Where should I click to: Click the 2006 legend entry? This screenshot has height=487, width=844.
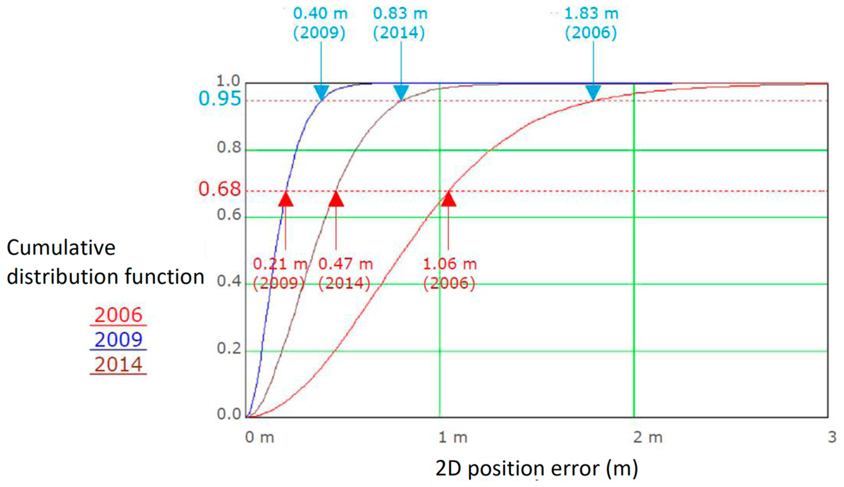pyautogui.click(x=118, y=315)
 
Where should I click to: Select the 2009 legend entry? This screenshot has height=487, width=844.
pyautogui.click(x=118, y=339)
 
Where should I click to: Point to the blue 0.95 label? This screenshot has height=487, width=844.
pyautogui.click(x=219, y=99)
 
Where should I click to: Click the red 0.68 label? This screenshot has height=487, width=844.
pyautogui.click(x=219, y=189)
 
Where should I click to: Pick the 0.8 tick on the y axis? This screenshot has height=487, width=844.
pyautogui.click(x=229, y=147)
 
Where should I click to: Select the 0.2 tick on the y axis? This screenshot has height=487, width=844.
pyautogui.click(x=229, y=349)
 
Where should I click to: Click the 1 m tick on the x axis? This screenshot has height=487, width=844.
pyautogui.click(x=452, y=437)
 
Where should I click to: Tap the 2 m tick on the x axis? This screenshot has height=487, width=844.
pyautogui.click(x=647, y=437)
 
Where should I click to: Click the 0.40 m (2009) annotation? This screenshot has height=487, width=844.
pyautogui.click(x=320, y=23)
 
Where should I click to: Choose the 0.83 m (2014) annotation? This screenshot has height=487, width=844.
pyautogui.click(x=400, y=23)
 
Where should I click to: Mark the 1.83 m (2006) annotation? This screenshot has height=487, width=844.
pyautogui.click(x=591, y=23)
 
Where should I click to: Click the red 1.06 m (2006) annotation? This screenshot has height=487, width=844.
pyautogui.click(x=449, y=273)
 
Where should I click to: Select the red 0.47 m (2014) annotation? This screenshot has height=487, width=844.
pyautogui.click(x=345, y=273)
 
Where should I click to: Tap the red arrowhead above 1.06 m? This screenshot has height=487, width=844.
pyautogui.click(x=449, y=199)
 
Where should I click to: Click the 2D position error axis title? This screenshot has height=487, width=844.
pyautogui.click(x=537, y=468)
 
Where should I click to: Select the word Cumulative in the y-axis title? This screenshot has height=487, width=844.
pyautogui.click(x=61, y=247)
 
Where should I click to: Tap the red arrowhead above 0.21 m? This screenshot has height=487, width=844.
pyautogui.click(x=285, y=199)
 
